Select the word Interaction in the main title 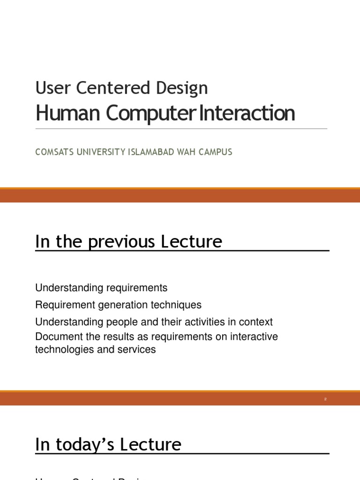(247, 113)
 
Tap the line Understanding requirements (101, 287)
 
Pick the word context (256, 322)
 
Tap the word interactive (256, 337)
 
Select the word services (138, 350)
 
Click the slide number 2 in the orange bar (325, 399)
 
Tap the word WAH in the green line (184, 152)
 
